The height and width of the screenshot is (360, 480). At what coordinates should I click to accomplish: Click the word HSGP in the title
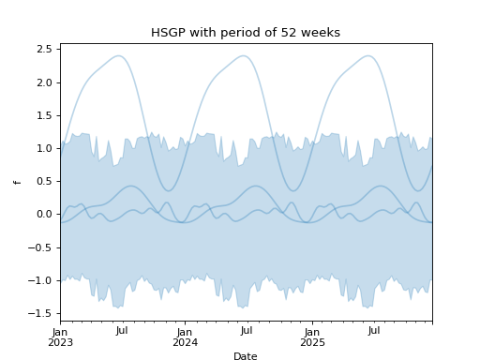tap(167, 33)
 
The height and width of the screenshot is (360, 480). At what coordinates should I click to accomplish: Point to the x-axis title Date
tap(246, 356)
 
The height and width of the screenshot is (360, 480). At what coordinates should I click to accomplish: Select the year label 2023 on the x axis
tap(61, 342)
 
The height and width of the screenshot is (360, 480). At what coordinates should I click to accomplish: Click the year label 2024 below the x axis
tap(186, 342)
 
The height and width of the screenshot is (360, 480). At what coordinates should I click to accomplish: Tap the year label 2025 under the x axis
tap(311, 342)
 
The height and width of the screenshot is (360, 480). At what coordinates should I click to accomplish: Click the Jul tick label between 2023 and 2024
tap(122, 331)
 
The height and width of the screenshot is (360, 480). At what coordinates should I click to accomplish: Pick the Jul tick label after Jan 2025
tap(373, 331)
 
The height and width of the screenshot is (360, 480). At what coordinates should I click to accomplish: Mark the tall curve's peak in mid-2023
tap(119, 55)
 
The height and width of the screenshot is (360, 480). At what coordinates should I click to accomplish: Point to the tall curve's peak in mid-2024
tap(244, 55)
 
